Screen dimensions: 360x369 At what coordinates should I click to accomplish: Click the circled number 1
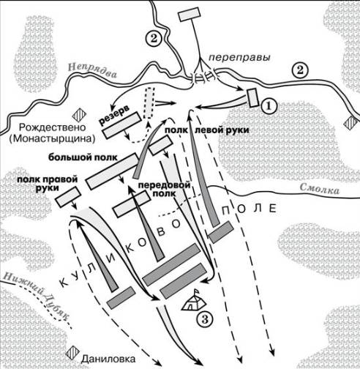(x=269, y=106)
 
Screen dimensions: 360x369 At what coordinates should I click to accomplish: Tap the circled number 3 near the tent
(x=205, y=318)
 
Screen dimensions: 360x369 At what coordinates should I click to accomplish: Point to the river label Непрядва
(x=92, y=70)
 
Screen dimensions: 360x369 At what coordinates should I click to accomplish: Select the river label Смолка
(x=319, y=188)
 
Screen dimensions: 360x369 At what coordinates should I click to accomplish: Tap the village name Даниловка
(x=108, y=359)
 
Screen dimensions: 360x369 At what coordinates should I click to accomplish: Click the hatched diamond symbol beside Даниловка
(x=72, y=353)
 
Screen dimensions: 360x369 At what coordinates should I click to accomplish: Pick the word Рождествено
(x=53, y=127)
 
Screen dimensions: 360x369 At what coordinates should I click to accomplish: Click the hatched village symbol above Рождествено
(x=79, y=115)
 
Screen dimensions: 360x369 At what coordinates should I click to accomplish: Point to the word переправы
(x=240, y=58)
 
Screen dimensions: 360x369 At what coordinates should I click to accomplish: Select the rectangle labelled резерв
(x=122, y=125)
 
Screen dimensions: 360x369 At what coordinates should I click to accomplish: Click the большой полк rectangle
(x=113, y=171)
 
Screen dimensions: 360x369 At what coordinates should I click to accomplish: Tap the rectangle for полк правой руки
(x=68, y=197)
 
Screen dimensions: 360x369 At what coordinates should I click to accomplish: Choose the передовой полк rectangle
(x=132, y=204)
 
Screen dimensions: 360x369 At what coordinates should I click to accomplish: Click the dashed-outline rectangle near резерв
(x=149, y=103)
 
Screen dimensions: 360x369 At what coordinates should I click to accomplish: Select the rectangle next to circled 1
(x=252, y=97)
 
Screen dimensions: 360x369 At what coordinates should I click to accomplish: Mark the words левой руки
(x=222, y=130)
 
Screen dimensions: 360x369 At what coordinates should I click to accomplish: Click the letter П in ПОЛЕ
(x=225, y=209)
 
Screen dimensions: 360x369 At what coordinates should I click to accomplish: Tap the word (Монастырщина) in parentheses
(x=52, y=138)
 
